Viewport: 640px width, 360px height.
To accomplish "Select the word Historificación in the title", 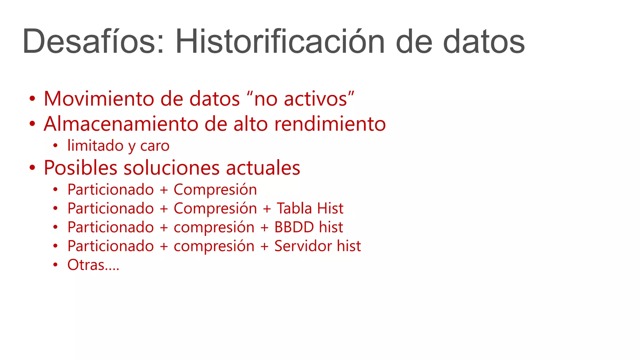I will point(280,42).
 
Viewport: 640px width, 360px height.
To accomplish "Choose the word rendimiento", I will point(330,124).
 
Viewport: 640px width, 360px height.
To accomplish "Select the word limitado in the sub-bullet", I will point(95,146).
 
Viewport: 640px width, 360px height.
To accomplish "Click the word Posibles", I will point(81,168).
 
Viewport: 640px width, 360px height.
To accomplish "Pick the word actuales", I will point(263,168).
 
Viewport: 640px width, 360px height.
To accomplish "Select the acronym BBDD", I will point(294,227).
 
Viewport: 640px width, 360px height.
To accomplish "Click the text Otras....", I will point(86,265).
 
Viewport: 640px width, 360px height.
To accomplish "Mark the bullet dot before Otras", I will point(55,265).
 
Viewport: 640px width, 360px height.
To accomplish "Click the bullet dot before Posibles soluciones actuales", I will point(32,168).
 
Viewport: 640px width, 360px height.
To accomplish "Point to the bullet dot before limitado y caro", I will point(55,146).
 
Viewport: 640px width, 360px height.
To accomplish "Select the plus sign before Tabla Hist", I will point(267,209).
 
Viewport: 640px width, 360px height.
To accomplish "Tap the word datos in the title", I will point(484,42).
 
